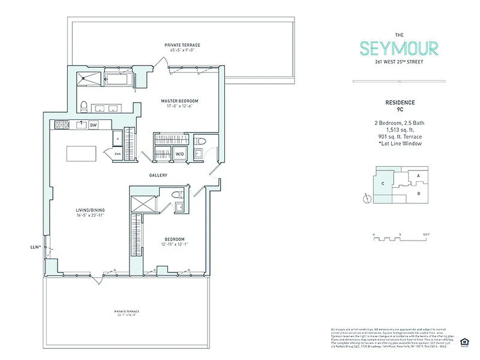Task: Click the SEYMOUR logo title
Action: coord(399,48)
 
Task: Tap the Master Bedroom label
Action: coord(179,101)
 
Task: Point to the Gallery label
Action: coord(159,175)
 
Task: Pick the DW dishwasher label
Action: coord(94,125)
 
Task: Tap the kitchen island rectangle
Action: coord(82,153)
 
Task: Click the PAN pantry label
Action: coord(117,154)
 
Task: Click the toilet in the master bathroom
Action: coord(83,106)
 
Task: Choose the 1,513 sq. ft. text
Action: coord(399,130)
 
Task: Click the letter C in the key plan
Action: coord(382,183)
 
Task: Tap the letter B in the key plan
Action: coord(418,194)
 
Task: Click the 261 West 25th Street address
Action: coord(399,62)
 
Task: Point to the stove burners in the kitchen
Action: coord(61,124)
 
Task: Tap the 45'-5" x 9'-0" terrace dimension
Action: coord(182,50)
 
